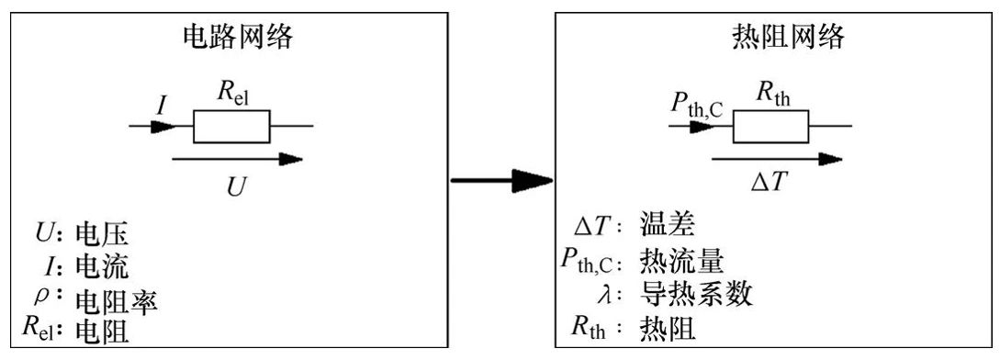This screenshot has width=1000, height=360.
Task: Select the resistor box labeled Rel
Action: (231, 126)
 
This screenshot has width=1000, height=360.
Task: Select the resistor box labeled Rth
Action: (770, 126)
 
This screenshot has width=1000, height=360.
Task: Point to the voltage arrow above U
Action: (236, 159)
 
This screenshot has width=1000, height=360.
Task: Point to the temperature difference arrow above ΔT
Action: (776, 159)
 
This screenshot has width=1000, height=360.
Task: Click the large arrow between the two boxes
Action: (501, 180)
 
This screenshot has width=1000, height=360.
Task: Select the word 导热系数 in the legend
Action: (691, 294)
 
